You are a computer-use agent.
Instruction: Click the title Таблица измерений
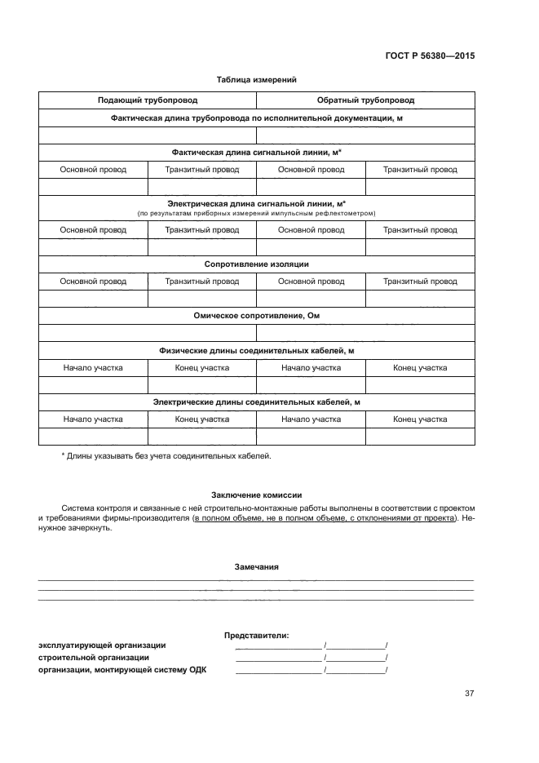[256, 80]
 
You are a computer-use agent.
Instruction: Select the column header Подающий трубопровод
[148, 100]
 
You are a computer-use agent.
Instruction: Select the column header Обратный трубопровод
[365, 100]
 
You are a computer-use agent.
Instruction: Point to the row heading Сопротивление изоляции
[256, 264]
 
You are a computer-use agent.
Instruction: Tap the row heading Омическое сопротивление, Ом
[256, 315]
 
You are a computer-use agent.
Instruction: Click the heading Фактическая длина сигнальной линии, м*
[256, 153]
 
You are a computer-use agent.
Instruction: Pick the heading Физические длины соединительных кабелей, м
[256, 350]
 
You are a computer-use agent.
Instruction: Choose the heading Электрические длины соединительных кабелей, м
[256, 401]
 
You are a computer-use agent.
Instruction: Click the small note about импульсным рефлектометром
[256, 213]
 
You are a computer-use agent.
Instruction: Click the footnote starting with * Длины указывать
[166, 455]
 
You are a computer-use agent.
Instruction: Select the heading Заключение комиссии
[256, 495]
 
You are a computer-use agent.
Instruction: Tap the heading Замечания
[256, 566]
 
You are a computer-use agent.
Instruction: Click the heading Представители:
[256, 634]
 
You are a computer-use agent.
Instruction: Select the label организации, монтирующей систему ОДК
[122, 670]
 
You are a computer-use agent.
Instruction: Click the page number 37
[469, 694]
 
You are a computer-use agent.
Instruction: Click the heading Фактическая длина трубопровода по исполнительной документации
[256, 118]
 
